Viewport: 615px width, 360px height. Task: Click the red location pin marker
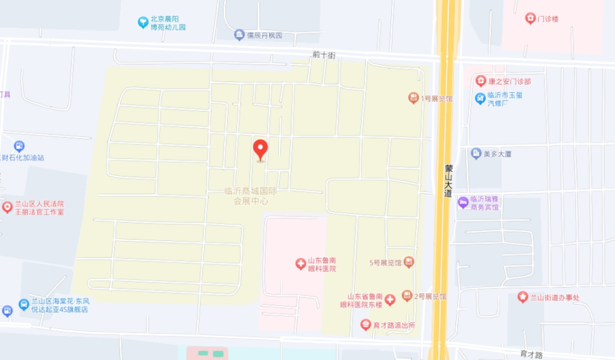(260, 149)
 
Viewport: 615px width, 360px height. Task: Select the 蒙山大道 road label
(449, 181)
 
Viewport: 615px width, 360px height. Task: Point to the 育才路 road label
(531, 354)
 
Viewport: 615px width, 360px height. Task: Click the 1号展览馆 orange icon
(413, 98)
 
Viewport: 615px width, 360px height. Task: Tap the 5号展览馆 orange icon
(408, 262)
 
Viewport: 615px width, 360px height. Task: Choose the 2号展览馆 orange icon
(407, 296)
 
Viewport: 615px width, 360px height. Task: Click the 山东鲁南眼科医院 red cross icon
(300, 264)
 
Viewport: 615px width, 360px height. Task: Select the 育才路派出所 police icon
(366, 325)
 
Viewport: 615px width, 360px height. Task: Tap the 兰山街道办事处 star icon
(522, 297)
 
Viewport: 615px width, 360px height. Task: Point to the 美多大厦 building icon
(476, 153)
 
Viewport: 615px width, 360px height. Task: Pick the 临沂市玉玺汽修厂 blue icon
(480, 99)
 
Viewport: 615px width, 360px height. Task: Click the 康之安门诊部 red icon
(481, 81)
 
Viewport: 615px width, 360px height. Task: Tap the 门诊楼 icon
(530, 19)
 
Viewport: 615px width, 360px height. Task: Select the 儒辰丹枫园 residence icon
(239, 35)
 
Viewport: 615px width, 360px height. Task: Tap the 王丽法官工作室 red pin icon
(7, 207)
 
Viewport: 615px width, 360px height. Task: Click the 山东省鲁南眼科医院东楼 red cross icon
(389, 300)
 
